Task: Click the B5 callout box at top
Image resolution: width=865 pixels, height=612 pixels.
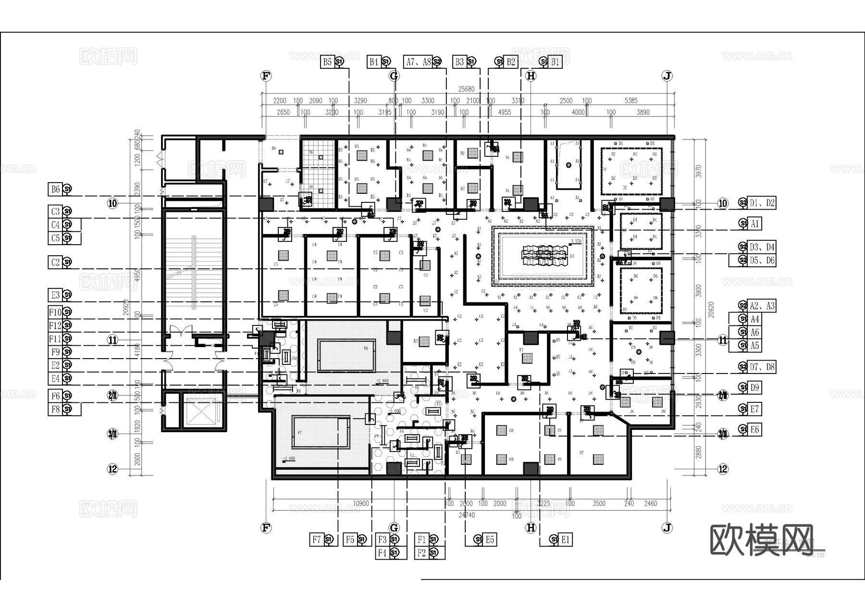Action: pyautogui.click(x=327, y=62)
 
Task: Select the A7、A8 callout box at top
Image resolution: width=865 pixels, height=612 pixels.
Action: pyautogui.click(x=418, y=62)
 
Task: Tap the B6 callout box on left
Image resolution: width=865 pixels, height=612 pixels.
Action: pyautogui.click(x=55, y=189)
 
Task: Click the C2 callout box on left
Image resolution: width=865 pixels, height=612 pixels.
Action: pyautogui.click(x=55, y=262)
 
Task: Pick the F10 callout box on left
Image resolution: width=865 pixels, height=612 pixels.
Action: pyautogui.click(x=55, y=312)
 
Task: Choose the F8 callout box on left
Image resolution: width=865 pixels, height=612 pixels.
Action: pyautogui.click(x=55, y=409)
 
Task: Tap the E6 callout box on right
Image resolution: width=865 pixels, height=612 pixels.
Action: pyautogui.click(x=754, y=429)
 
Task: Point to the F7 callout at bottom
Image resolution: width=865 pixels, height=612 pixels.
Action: pyautogui.click(x=316, y=539)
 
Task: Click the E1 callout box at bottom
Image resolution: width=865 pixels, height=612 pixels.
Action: pyautogui.click(x=565, y=539)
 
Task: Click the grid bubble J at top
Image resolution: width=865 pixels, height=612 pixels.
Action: pyautogui.click(x=667, y=75)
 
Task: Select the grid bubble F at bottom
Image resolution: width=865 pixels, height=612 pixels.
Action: pyautogui.click(x=266, y=528)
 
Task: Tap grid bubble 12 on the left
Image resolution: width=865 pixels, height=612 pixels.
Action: pyautogui.click(x=112, y=469)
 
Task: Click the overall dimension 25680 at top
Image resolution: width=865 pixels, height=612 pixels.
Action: pyautogui.click(x=466, y=89)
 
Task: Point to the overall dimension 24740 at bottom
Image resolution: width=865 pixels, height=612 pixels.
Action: pyautogui.click(x=466, y=515)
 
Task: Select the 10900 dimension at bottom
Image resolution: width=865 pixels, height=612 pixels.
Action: pyautogui.click(x=361, y=503)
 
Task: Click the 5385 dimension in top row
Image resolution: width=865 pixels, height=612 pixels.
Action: pyautogui.click(x=631, y=100)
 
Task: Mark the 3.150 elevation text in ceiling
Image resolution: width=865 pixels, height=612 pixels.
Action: pyautogui.click(x=576, y=241)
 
